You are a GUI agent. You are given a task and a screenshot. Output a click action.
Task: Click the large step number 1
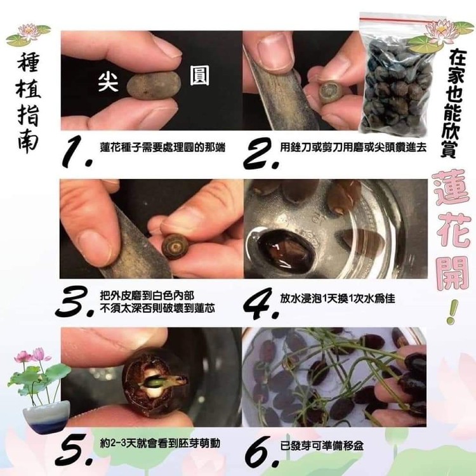[x=77, y=152]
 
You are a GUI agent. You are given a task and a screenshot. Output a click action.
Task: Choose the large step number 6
[x=261, y=451]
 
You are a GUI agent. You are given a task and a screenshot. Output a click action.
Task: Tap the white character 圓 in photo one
[x=199, y=76]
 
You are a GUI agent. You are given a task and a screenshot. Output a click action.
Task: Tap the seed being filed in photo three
[x=175, y=246]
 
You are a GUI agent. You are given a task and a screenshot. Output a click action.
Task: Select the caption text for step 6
[x=322, y=446]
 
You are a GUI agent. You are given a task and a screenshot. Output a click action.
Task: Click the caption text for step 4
[x=338, y=298]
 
